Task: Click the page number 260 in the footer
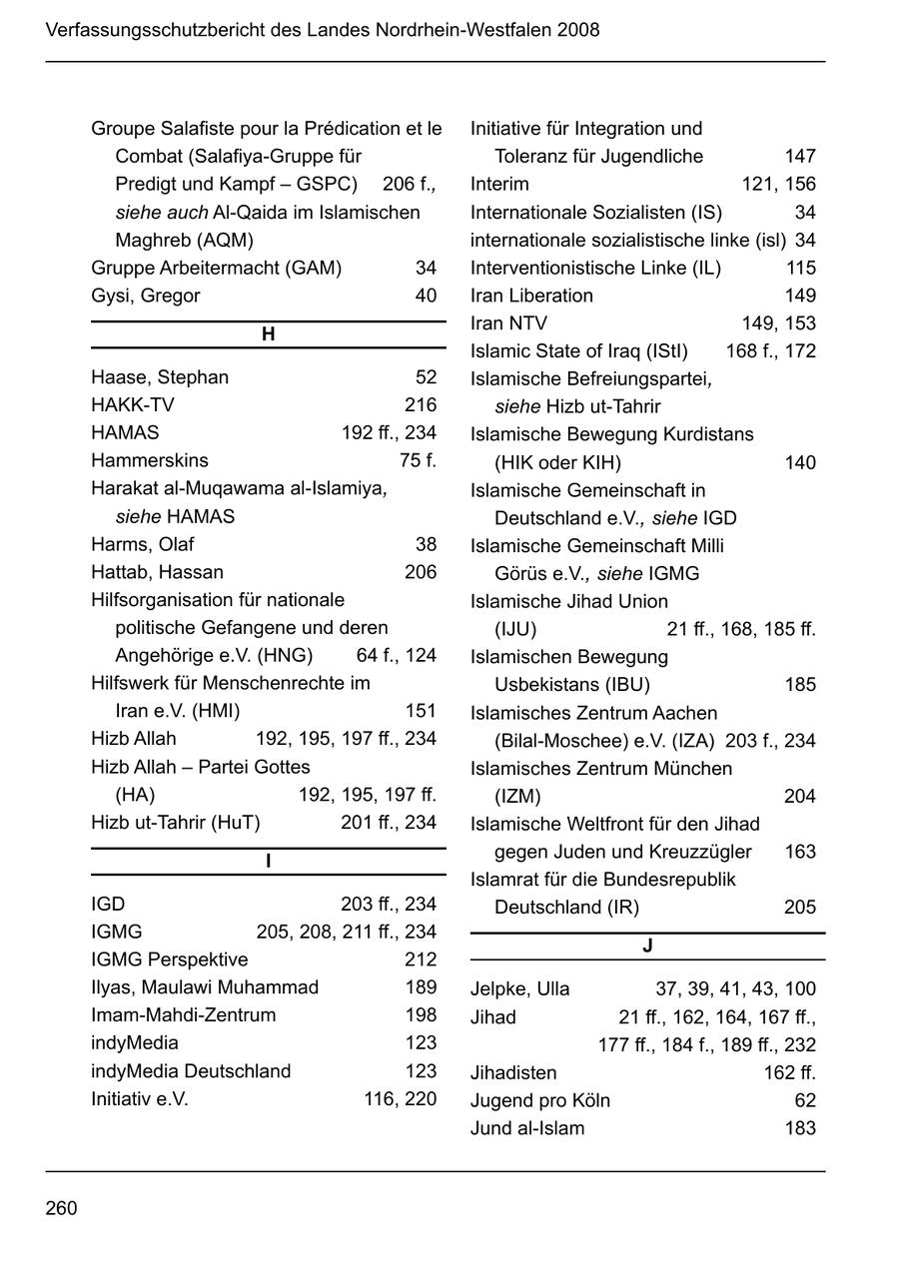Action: click(61, 1209)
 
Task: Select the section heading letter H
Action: click(268, 334)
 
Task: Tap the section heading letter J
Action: click(647, 946)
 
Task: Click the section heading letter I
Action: click(268, 862)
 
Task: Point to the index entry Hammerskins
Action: click(150, 461)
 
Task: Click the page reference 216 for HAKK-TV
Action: click(421, 405)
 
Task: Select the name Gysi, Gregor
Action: click(146, 297)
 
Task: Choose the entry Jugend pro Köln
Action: click(540, 1101)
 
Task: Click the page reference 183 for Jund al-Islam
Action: click(800, 1129)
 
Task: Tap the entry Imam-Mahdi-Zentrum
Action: click(184, 1015)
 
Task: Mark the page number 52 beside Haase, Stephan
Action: click(427, 377)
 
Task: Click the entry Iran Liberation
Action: click(531, 297)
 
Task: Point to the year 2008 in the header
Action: click(579, 30)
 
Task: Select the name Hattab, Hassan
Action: click(158, 573)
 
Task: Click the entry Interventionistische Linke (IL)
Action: click(595, 269)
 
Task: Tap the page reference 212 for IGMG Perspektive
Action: click(421, 960)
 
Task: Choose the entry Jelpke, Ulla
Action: click(520, 989)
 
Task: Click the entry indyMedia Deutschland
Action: click(191, 1071)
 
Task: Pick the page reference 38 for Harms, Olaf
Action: click(427, 545)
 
